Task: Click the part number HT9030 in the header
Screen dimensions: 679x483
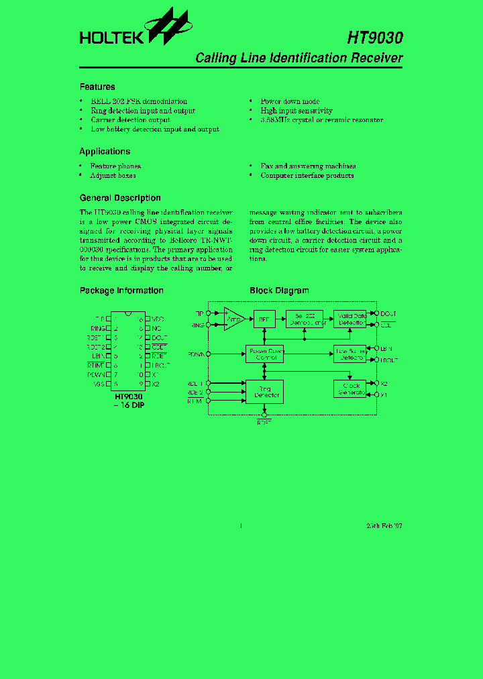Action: point(375,38)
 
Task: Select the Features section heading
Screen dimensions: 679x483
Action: point(97,87)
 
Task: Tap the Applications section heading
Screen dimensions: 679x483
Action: point(105,152)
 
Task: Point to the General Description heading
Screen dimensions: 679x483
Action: point(120,198)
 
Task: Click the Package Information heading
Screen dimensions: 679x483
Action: point(121,291)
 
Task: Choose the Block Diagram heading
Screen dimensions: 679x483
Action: point(279,291)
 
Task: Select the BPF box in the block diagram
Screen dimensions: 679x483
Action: point(263,319)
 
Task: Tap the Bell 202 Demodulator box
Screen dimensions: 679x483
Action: point(305,319)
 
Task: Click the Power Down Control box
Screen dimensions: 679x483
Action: point(266,354)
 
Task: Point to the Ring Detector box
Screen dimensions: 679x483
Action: point(264,392)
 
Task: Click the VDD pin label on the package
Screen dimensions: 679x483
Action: point(158,319)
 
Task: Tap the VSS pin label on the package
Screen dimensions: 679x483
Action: point(99,384)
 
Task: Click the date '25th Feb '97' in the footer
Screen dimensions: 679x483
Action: point(384,526)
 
